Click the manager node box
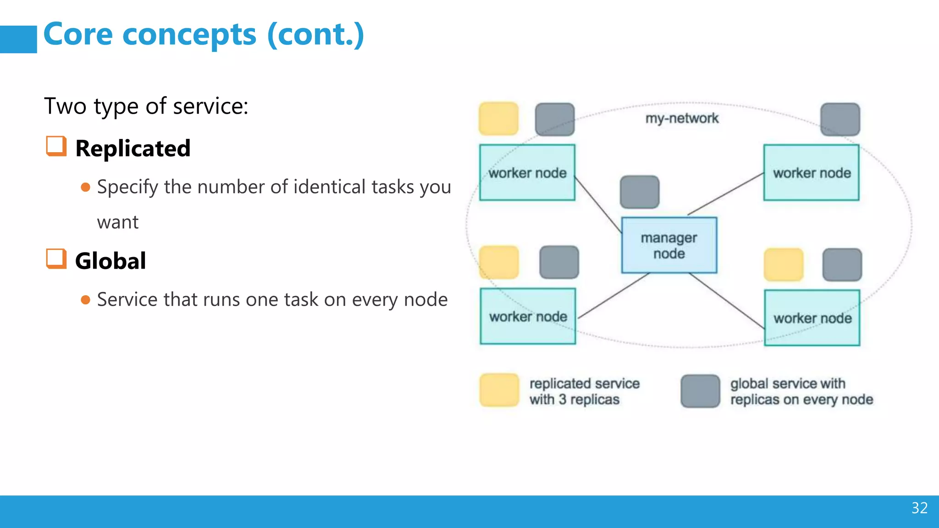tap(669, 245)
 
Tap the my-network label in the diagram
tap(682, 118)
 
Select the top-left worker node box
tap(527, 173)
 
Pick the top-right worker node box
tap(811, 173)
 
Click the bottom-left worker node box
tap(528, 316)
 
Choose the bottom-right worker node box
tap(812, 318)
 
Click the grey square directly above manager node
tap(640, 192)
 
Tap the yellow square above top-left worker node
tap(499, 119)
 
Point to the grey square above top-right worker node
tap(840, 119)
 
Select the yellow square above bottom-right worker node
tap(784, 264)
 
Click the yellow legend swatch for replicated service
tap(499, 390)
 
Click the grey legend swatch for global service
tap(700, 391)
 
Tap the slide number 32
tap(919, 508)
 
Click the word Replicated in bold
tap(133, 148)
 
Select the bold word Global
tap(110, 261)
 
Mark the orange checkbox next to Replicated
tap(56, 146)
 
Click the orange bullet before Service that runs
tap(85, 300)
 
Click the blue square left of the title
tap(18, 39)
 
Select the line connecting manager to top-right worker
tap(726, 194)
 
